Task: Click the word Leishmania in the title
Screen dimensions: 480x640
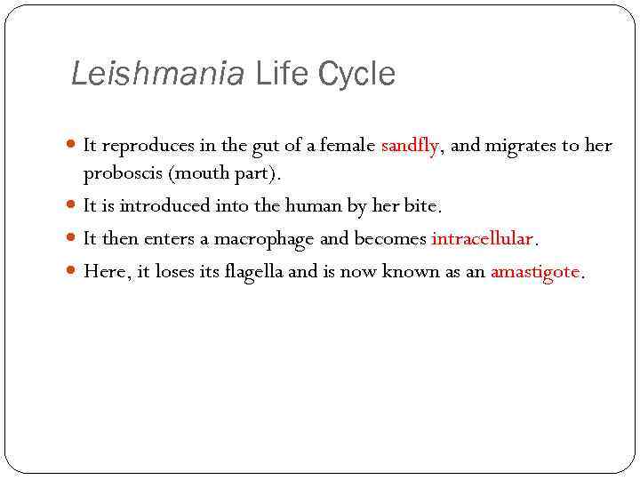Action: click(156, 74)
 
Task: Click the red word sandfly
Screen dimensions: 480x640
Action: click(409, 146)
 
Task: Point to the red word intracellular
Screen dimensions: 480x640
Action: click(482, 238)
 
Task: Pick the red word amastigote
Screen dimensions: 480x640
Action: click(535, 271)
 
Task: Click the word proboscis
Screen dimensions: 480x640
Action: click(121, 172)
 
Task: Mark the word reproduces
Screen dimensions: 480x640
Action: click(145, 146)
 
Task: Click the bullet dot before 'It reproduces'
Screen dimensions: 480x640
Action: click(73, 146)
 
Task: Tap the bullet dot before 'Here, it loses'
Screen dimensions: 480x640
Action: click(73, 271)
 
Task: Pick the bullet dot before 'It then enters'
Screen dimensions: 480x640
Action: click(73, 238)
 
